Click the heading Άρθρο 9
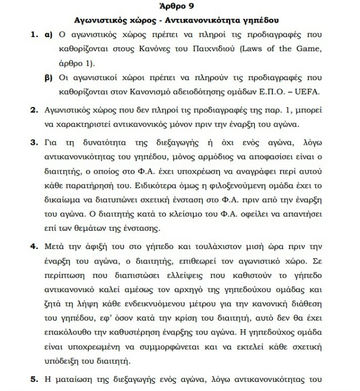coord(178,8)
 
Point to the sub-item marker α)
coord(47,36)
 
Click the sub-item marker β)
coord(47,77)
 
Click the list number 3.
coord(33,145)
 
